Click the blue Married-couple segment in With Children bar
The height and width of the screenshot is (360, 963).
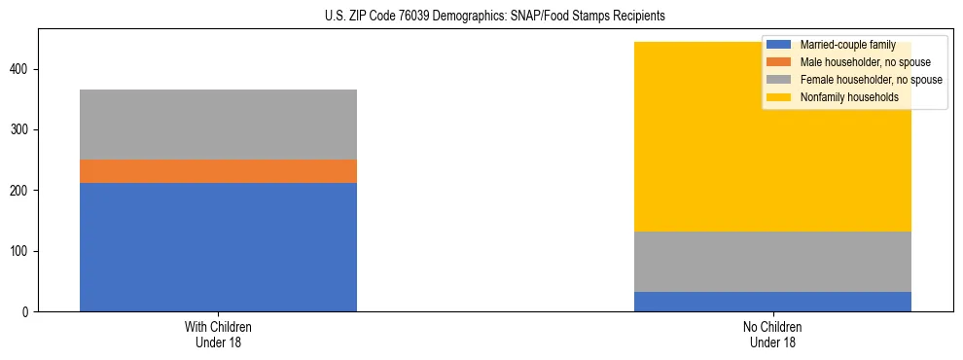[218, 247]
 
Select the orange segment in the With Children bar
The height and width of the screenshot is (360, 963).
[218, 171]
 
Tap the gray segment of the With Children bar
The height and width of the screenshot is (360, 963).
[218, 125]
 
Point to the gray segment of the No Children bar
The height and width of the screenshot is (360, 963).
[772, 262]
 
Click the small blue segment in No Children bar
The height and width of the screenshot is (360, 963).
[772, 302]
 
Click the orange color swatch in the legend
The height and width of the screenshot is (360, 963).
[778, 62]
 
